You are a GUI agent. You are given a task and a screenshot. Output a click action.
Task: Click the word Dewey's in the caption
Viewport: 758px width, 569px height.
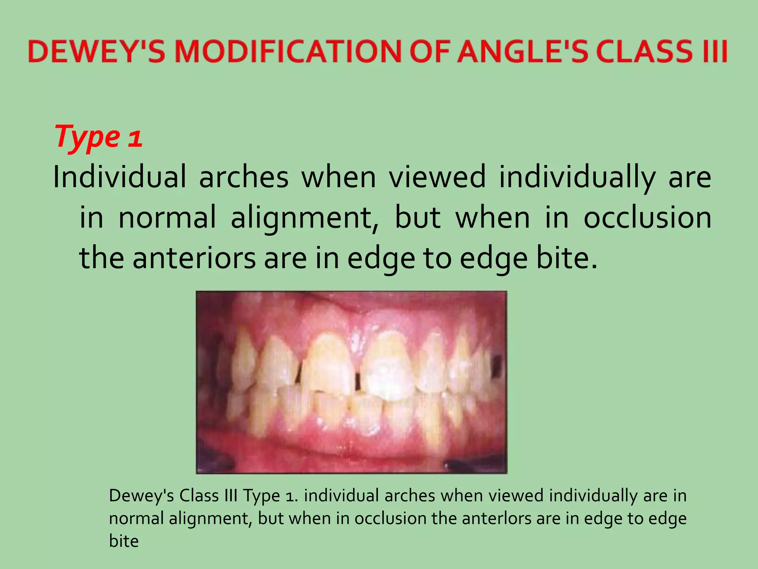pyautogui.click(x=141, y=496)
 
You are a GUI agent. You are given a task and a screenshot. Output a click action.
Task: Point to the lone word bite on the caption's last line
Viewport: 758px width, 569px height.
pyautogui.click(x=124, y=541)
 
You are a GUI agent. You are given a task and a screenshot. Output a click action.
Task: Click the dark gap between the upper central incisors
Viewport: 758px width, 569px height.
pyautogui.click(x=358, y=382)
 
